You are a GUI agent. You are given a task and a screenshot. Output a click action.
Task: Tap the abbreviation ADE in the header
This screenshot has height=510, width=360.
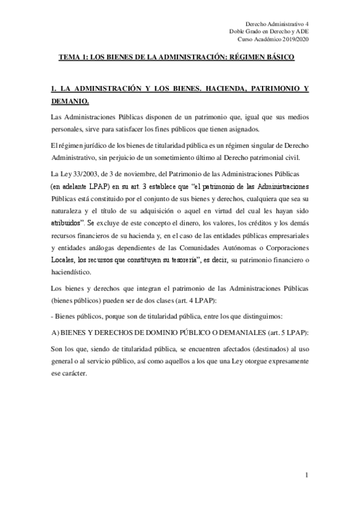coord(300,30)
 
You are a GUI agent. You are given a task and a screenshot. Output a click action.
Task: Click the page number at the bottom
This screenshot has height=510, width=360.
coord(307,475)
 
